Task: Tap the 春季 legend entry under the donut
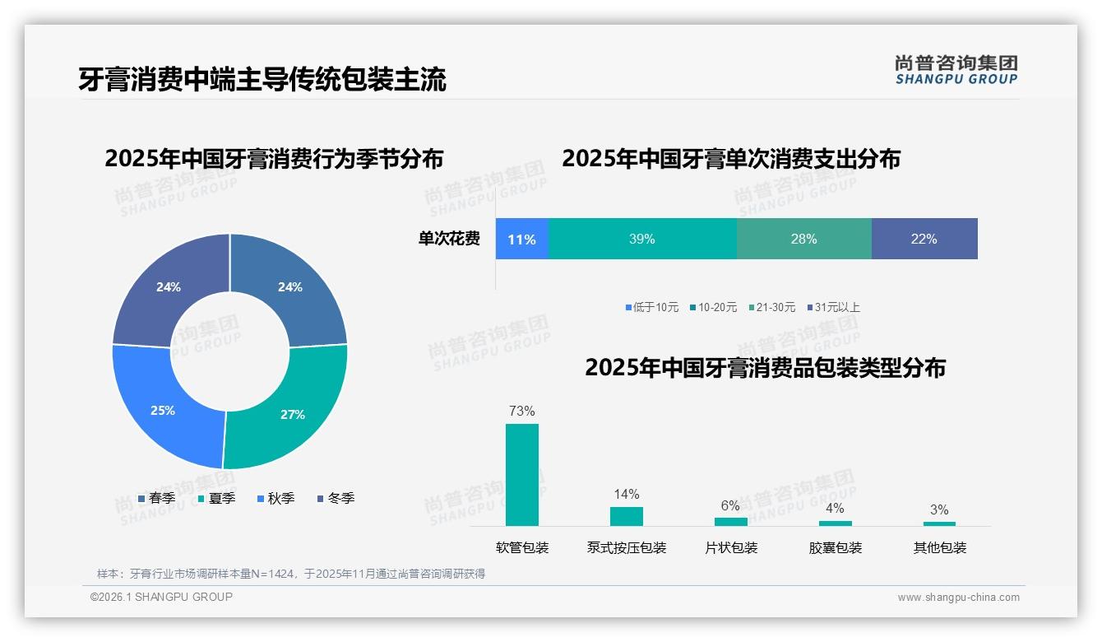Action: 156,498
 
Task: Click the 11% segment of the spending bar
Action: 521,240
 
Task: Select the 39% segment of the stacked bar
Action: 641,240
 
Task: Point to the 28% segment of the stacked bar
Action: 803,240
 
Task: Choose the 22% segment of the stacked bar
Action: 924,240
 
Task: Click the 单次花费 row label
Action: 449,240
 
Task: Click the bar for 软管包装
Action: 521,475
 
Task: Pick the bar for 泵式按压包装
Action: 626,516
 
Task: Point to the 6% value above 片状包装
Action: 730,506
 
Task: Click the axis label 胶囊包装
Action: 835,548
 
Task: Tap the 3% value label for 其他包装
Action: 939,510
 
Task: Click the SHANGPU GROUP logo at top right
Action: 956,70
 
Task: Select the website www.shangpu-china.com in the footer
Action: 958,598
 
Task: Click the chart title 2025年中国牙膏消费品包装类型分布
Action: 765,368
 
